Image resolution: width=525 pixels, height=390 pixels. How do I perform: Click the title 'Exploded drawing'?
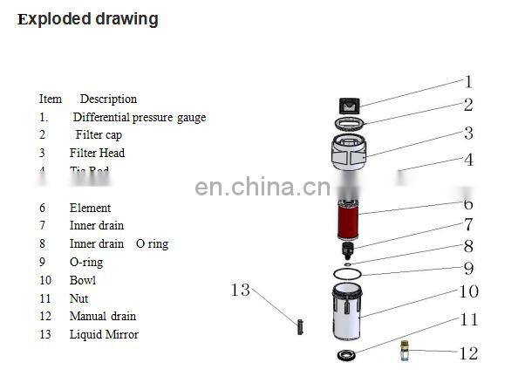tap(87, 19)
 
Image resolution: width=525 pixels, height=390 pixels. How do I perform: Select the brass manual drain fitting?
tap(404, 351)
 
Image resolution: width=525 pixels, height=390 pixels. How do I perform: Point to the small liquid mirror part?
tap(299, 328)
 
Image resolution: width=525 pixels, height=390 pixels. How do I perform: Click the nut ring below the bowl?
tap(348, 355)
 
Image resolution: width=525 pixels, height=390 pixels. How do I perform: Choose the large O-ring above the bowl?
tap(348, 274)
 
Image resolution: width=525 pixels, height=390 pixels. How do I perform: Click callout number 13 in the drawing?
tap(241, 290)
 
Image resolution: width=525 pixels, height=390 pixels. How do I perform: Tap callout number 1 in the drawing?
tap(467, 82)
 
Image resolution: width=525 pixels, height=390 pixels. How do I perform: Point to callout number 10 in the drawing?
tap(468, 291)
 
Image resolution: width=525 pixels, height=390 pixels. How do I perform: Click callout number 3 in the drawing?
tap(468, 133)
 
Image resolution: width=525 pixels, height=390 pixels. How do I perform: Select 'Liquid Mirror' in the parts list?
tap(104, 334)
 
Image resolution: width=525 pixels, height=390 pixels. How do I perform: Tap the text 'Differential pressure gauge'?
tap(140, 117)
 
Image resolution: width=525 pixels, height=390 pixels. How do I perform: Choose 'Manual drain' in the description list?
tap(103, 316)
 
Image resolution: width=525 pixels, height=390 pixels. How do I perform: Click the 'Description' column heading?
tap(108, 99)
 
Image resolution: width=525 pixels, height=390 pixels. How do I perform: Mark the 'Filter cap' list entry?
tap(99, 135)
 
